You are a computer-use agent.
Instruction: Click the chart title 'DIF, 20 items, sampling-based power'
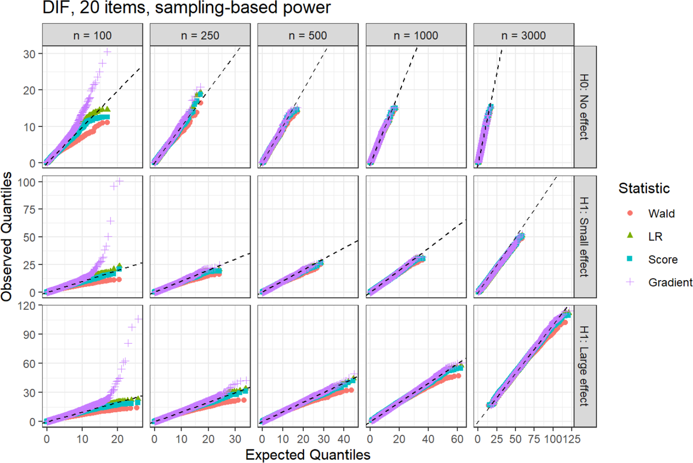pos(187,8)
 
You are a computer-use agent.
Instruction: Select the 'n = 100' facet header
pos(92,35)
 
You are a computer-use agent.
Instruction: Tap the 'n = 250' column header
pos(200,35)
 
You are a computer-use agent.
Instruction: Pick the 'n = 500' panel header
pos(308,35)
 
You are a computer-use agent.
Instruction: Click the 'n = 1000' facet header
pos(416,35)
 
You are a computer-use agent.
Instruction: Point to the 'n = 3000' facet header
pos(524,35)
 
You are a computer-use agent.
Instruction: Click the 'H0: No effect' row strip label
pos(584,107)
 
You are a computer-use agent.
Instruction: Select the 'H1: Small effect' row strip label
pos(584,237)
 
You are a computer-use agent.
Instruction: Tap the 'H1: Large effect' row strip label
pos(584,366)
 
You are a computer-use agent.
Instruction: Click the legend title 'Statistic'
pos(644,188)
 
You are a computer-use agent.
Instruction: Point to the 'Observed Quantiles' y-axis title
pos(7,237)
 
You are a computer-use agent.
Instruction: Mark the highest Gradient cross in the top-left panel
pos(107,52)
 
